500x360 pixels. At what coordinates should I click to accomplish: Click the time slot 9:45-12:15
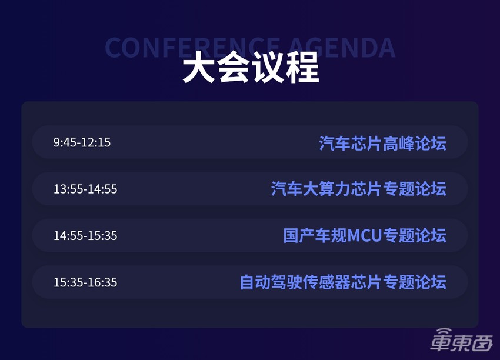(82, 142)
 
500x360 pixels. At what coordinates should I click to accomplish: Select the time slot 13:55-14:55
(85, 189)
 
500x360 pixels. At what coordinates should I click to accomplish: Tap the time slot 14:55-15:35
(85, 235)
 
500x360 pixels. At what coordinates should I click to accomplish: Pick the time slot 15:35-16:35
(85, 282)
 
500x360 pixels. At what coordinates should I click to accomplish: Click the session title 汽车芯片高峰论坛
(382, 143)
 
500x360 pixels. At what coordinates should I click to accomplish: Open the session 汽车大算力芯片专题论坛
(358, 189)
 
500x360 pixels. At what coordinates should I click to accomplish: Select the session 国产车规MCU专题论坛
(365, 235)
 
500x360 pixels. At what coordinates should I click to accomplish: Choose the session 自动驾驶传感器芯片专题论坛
(343, 282)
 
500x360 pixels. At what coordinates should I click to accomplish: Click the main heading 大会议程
(250, 69)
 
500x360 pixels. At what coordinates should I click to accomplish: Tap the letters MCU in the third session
(365, 236)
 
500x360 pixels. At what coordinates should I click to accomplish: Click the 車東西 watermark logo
(462, 341)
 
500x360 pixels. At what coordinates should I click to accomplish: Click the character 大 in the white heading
(198, 69)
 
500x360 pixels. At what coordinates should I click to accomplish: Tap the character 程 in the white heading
(302, 69)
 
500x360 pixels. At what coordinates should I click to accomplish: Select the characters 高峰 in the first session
(399, 143)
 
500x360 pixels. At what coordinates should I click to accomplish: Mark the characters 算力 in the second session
(335, 189)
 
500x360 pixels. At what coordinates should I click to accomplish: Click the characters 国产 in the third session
(299, 235)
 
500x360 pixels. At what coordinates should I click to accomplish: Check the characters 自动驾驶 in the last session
(271, 282)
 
